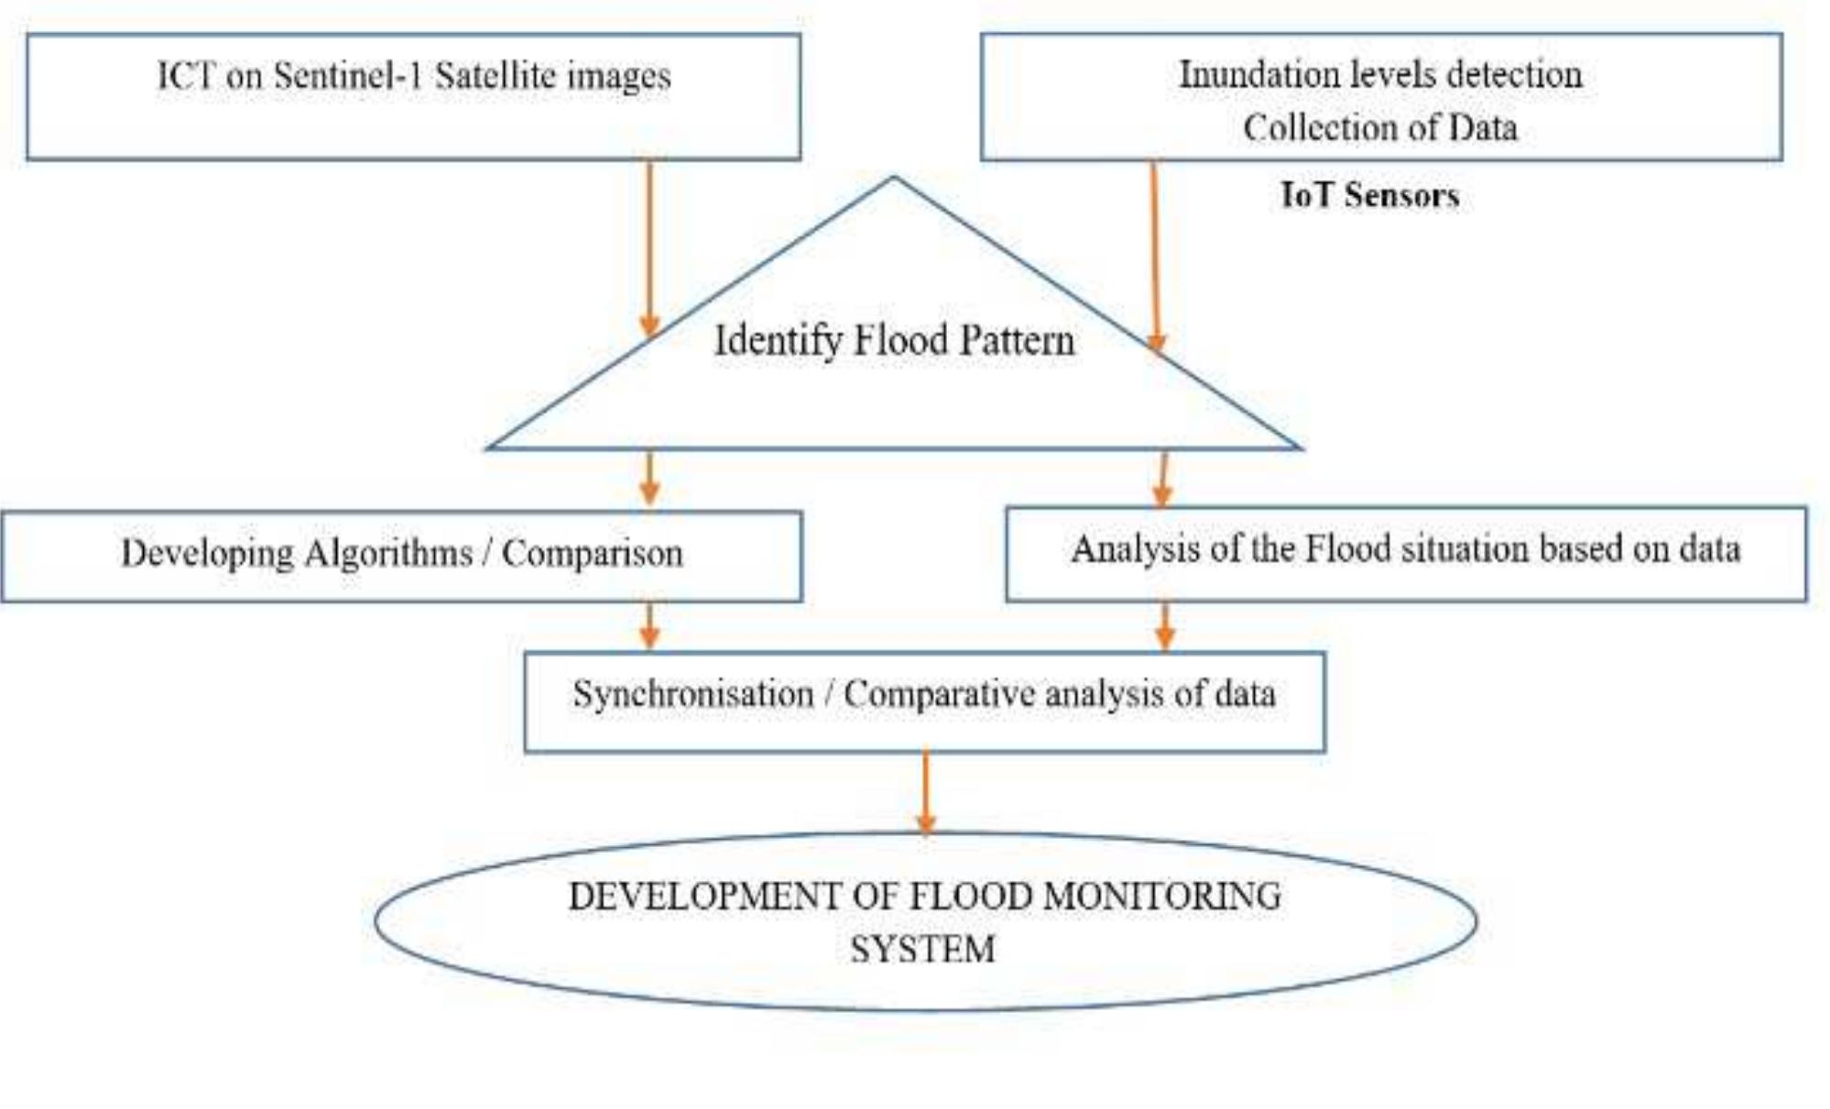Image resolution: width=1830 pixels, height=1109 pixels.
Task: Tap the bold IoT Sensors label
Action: pos(1369,195)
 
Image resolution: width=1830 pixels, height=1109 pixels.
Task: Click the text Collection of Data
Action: pos(1379,127)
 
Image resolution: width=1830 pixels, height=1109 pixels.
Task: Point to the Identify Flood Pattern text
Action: pos(894,341)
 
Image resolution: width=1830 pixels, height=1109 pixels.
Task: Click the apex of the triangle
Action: pos(894,178)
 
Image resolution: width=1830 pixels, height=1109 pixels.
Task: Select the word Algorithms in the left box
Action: pos(389,553)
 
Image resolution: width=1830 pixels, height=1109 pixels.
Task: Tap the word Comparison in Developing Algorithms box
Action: pos(593,553)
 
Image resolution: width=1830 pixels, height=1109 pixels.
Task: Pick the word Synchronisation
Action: pos(693,693)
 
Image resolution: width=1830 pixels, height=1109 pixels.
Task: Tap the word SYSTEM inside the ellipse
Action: pos(922,949)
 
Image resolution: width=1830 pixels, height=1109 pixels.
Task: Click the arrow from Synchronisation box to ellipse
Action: pos(925,792)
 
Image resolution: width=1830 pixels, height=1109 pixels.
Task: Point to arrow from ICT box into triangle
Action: pos(649,247)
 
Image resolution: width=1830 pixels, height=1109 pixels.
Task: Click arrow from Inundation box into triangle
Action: pos(1155,256)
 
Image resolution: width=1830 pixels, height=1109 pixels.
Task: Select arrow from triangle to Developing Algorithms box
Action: pos(649,478)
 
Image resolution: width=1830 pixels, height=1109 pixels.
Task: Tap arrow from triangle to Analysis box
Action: pos(1163,478)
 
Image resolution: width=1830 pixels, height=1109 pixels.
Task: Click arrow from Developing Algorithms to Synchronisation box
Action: pos(649,625)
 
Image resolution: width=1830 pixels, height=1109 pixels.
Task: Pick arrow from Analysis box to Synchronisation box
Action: pos(1165,625)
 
